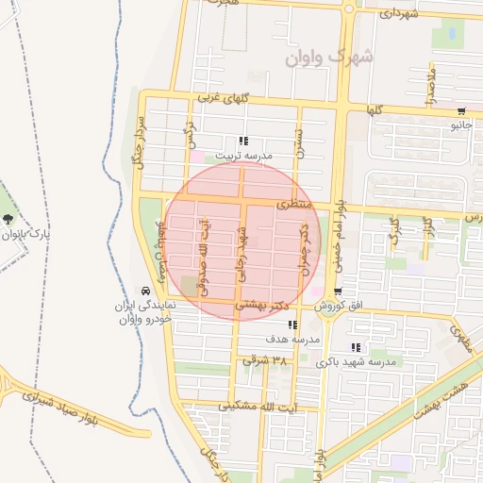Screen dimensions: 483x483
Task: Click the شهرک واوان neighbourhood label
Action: click(330, 57)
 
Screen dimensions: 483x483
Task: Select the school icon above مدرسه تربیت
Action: click(243, 140)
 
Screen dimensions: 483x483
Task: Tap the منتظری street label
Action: click(293, 204)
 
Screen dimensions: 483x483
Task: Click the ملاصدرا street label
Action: click(430, 85)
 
